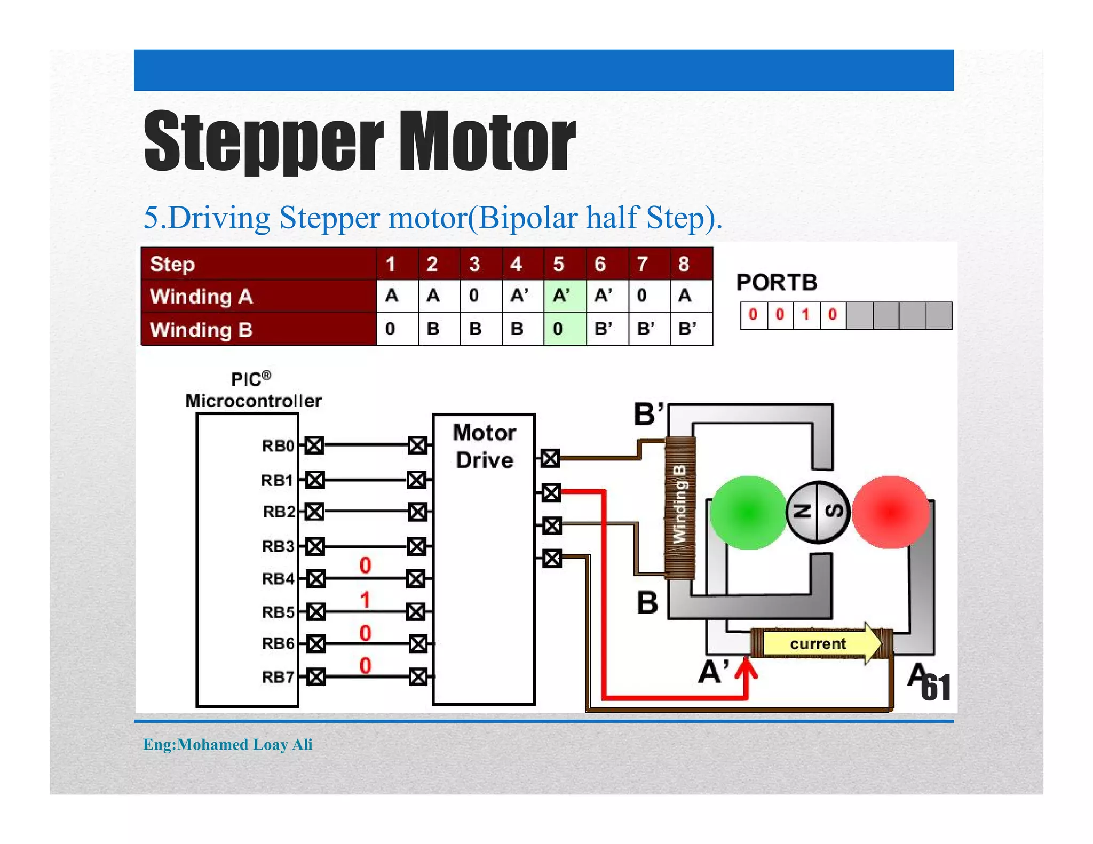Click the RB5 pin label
[x=278, y=612]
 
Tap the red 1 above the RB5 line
[x=365, y=600]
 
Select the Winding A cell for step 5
[x=564, y=296]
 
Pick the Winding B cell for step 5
[x=564, y=329]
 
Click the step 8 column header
[x=691, y=264]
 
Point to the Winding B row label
[x=201, y=329]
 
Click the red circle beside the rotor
[x=890, y=513]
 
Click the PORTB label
[x=777, y=282]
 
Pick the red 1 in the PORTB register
[x=806, y=315]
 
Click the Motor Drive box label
[x=484, y=446]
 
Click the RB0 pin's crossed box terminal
[x=314, y=445]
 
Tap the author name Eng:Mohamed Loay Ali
[x=227, y=744]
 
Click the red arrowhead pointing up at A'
[x=746, y=668]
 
